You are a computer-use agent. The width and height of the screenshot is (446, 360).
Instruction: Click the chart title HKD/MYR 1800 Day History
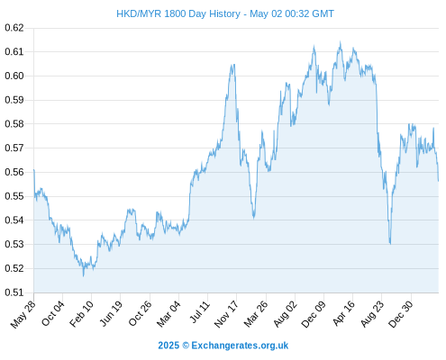(178, 13)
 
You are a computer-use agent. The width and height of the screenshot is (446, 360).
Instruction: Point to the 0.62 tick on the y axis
(14, 28)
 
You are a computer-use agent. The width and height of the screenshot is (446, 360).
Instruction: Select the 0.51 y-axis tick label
(14, 292)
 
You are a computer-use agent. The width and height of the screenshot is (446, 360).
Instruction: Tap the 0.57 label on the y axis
(14, 148)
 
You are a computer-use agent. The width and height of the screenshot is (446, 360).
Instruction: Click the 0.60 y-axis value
(14, 76)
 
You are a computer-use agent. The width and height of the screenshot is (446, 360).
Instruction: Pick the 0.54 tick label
(14, 220)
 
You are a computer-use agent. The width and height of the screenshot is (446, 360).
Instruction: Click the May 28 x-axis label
(23, 314)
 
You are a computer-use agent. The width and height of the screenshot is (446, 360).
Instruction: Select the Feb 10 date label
(81, 313)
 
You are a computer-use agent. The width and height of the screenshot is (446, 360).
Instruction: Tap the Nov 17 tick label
(226, 314)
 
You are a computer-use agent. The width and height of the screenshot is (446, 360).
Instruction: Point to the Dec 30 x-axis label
(401, 314)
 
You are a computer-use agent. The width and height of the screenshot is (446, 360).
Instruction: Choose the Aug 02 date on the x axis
(285, 314)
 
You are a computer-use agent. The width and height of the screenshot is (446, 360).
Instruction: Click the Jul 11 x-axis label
(199, 312)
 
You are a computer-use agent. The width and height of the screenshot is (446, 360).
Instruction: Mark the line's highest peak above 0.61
(341, 42)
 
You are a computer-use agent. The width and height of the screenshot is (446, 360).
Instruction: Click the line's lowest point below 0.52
(83, 275)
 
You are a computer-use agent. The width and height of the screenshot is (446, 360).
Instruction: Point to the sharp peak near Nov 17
(232, 65)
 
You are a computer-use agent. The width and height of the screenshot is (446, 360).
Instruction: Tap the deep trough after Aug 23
(390, 244)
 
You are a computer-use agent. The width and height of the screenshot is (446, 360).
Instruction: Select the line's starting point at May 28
(34, 170)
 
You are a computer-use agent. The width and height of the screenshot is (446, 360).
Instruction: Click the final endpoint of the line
(438, 181)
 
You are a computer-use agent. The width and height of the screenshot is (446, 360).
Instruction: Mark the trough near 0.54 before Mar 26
(254, 218)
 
